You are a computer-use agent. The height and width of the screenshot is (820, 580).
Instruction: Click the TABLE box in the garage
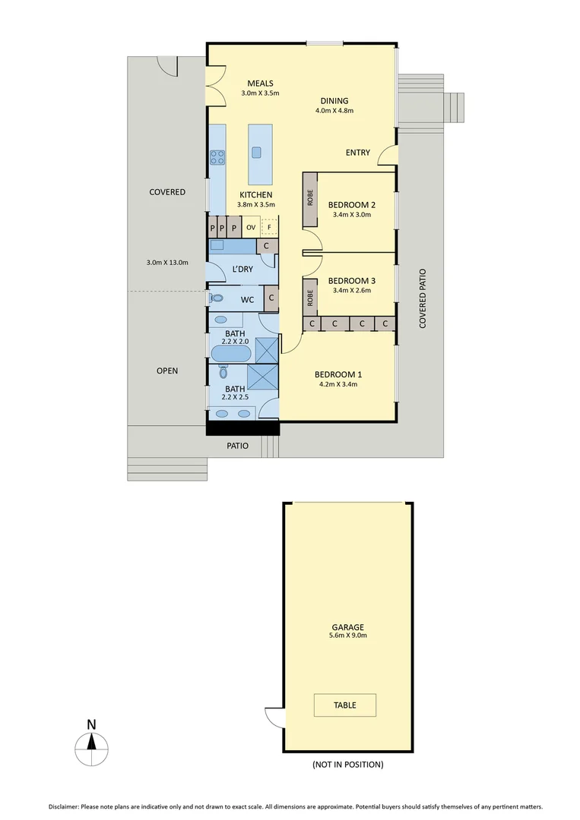[x=344, y=705]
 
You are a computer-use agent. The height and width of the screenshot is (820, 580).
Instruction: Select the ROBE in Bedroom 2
[x=310, y=199]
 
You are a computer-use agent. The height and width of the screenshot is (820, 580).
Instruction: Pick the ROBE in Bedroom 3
[x=310, y=296]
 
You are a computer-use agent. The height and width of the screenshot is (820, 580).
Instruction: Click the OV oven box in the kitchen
[x=250, y=227]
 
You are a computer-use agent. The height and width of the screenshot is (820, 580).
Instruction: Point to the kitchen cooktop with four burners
[x=217, y=158]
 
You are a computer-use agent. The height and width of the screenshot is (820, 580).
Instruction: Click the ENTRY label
[x=358, y=153]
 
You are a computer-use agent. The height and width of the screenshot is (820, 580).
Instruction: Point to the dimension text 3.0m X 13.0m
[x=166, y=263]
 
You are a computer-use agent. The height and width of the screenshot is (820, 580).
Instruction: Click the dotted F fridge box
[x=268, y=226]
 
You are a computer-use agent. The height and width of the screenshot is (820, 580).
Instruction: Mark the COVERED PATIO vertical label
[x=423, y=298]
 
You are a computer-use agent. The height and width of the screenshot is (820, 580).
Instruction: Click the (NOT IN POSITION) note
[x=348, y=765]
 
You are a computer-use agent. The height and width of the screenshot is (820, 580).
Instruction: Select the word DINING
[x=334, y=101]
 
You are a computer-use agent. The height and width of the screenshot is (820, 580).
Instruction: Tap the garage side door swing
[x=274, y=715]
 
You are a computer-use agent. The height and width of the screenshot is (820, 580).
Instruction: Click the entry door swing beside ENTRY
[x=388, y=155]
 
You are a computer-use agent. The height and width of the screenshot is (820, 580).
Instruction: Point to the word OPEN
[x=167, y=371]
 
